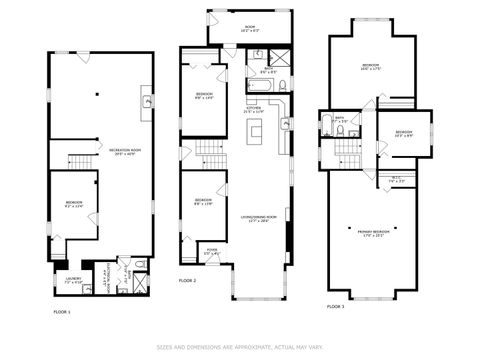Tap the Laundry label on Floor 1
(74, 280)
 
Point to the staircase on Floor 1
(80, 162)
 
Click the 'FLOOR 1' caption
(62, 313)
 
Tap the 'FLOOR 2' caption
(188, 281)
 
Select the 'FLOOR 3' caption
(336, 305)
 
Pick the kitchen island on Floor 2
(256, 133)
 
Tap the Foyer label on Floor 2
(212, 251)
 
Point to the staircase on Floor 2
(209, 153)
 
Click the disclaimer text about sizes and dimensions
(239, 347)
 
